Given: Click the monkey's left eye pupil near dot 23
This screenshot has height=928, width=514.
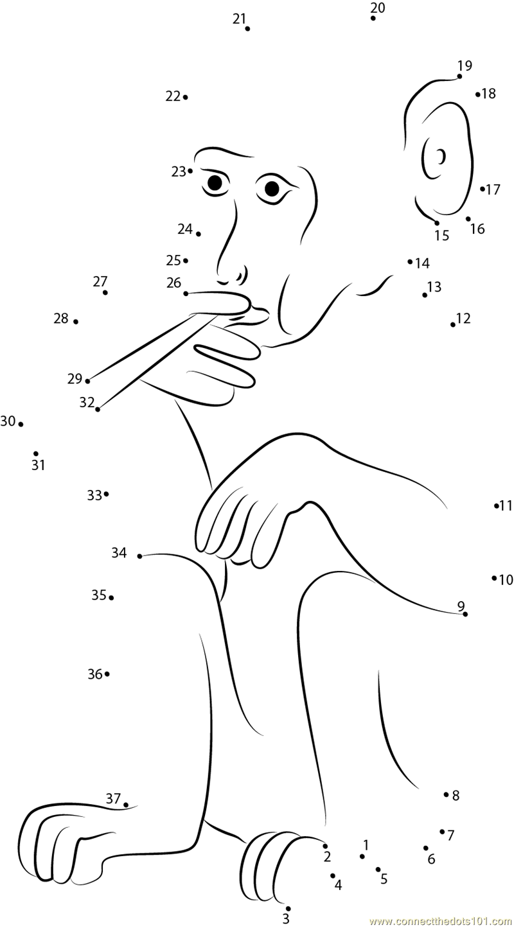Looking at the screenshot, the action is coord(215,182).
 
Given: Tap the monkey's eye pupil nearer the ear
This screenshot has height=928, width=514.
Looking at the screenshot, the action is coord(272,189).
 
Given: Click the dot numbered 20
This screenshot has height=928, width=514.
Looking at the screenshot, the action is coord(373,18).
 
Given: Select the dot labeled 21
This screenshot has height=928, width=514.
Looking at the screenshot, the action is coord(247,29).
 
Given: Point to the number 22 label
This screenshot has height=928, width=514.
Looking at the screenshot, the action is coord(173,96).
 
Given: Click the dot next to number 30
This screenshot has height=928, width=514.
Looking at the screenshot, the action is coord(21,425).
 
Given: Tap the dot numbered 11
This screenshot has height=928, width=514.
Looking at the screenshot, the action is coord(497,505).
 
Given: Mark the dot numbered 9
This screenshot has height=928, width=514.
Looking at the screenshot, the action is coord(465,614).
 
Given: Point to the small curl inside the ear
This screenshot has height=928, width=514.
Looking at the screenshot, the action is coord(441,156).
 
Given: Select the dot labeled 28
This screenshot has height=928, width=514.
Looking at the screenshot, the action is coord(76,322).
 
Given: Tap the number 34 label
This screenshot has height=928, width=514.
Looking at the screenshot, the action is coord(119,552).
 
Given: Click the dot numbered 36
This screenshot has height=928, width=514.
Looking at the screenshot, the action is coord(107,674).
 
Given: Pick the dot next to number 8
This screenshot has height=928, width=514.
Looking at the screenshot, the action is coord(446,794).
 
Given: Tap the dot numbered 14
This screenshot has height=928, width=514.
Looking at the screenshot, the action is coord(410,261).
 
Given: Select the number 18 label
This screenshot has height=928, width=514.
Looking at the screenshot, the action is coord(489,94).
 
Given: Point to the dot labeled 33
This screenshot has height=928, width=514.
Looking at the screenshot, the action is coord(107,494).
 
